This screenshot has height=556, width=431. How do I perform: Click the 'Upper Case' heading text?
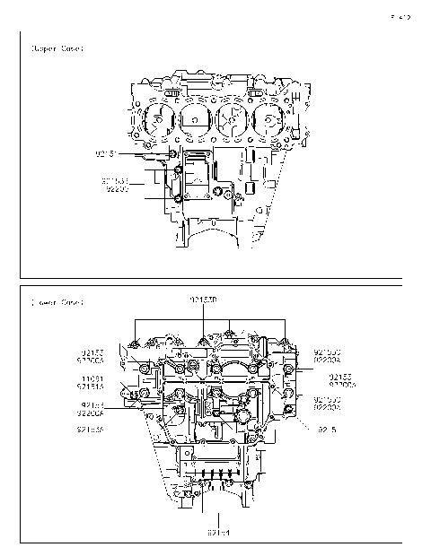pyautogui.click(x=57, y=49)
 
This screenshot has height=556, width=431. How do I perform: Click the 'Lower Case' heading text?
pyautogui.click(x=57, y=303)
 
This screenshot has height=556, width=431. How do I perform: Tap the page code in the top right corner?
pyautogui.click(x=400, y=16)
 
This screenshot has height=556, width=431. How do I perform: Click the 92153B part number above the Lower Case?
pyautogui.click(x=205, y=297)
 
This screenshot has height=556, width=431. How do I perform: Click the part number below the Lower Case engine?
pyautogui.click(x=219, y=533)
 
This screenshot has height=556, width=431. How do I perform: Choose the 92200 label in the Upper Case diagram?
pyautogui.click(x=118, y=189)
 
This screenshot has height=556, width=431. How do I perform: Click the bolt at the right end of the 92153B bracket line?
pyautogui.click(x=285, y=343)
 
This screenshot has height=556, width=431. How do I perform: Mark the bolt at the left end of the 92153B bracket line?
pyautogui.click(x=136, y=343)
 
